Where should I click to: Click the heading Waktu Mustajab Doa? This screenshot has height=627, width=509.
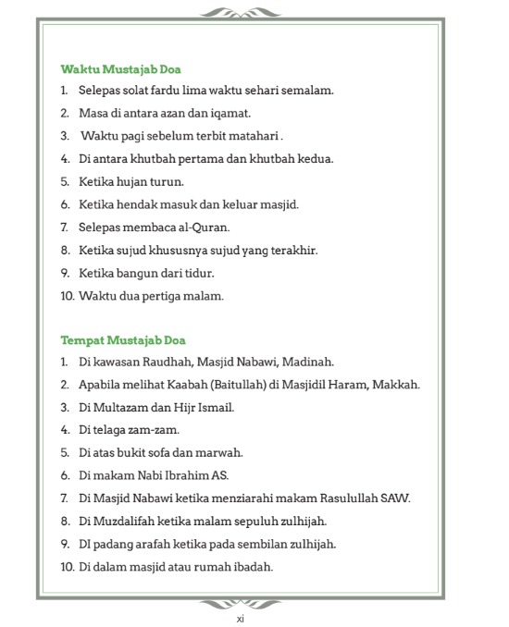(119, 69)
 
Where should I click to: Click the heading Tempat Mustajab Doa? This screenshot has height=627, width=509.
(123, 339)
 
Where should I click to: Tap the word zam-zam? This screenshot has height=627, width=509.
(156, 430)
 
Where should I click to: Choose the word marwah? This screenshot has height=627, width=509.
(220, 452)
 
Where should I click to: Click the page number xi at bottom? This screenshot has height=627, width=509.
(240, 618)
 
